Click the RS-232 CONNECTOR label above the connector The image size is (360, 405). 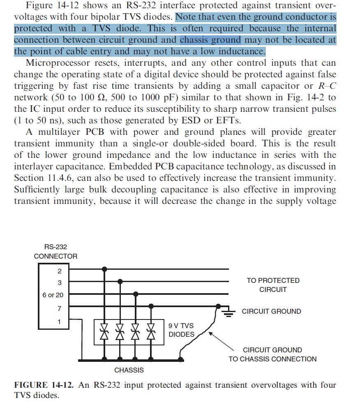(x=55, y=252)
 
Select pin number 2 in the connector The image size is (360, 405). (x=60, y=271)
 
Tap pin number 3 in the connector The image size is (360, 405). (x=60, y=282)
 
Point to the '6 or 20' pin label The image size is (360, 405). (x=53, y=295)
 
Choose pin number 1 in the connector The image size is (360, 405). (x=60, y=322)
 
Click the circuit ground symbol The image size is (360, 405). (x=229, y=312)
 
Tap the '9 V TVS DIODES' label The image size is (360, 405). (x=181, y=330)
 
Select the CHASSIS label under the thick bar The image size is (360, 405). (x=129, y=370)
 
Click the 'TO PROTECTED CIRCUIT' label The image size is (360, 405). (x=273, y=285)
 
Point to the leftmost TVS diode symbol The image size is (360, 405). (x=104, y=331)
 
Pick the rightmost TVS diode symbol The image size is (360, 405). (x=151, y=331)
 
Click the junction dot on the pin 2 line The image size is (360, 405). (x=104, y=269)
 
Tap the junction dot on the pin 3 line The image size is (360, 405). (x=120, y=282)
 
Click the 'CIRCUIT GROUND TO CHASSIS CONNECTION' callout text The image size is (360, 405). (x=272, y=354)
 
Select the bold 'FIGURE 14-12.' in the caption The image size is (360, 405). (x=44, y=385)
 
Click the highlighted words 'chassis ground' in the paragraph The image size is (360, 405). (x=210, y=40)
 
